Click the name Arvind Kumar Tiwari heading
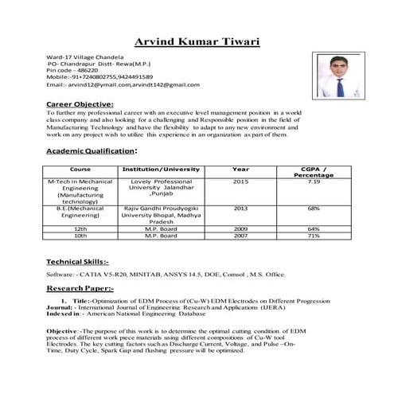[197, 41]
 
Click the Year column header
[240, 170]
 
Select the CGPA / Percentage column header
[314, 173]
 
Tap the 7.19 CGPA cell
[314, 182]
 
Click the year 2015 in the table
[240, 182]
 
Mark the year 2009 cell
[240, 228]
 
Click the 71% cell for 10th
[314, 236]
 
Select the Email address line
[123, 84]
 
